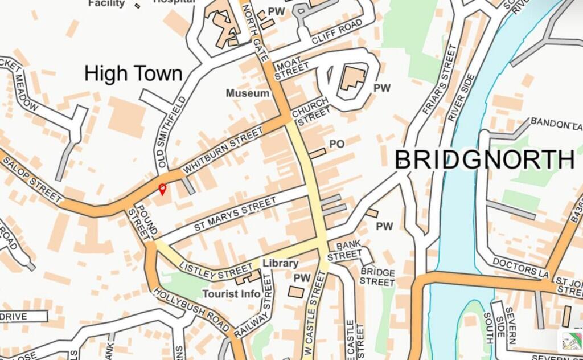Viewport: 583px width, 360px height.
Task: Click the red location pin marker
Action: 162,189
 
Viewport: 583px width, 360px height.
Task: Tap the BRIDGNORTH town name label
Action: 485,160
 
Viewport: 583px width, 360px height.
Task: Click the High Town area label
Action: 133,74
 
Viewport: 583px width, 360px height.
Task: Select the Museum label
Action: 247,93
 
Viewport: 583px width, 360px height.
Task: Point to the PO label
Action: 337,145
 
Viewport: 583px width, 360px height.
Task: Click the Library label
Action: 280,264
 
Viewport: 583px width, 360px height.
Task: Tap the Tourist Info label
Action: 231,294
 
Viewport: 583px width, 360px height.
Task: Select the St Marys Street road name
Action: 235,214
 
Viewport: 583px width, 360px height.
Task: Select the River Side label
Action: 461,97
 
